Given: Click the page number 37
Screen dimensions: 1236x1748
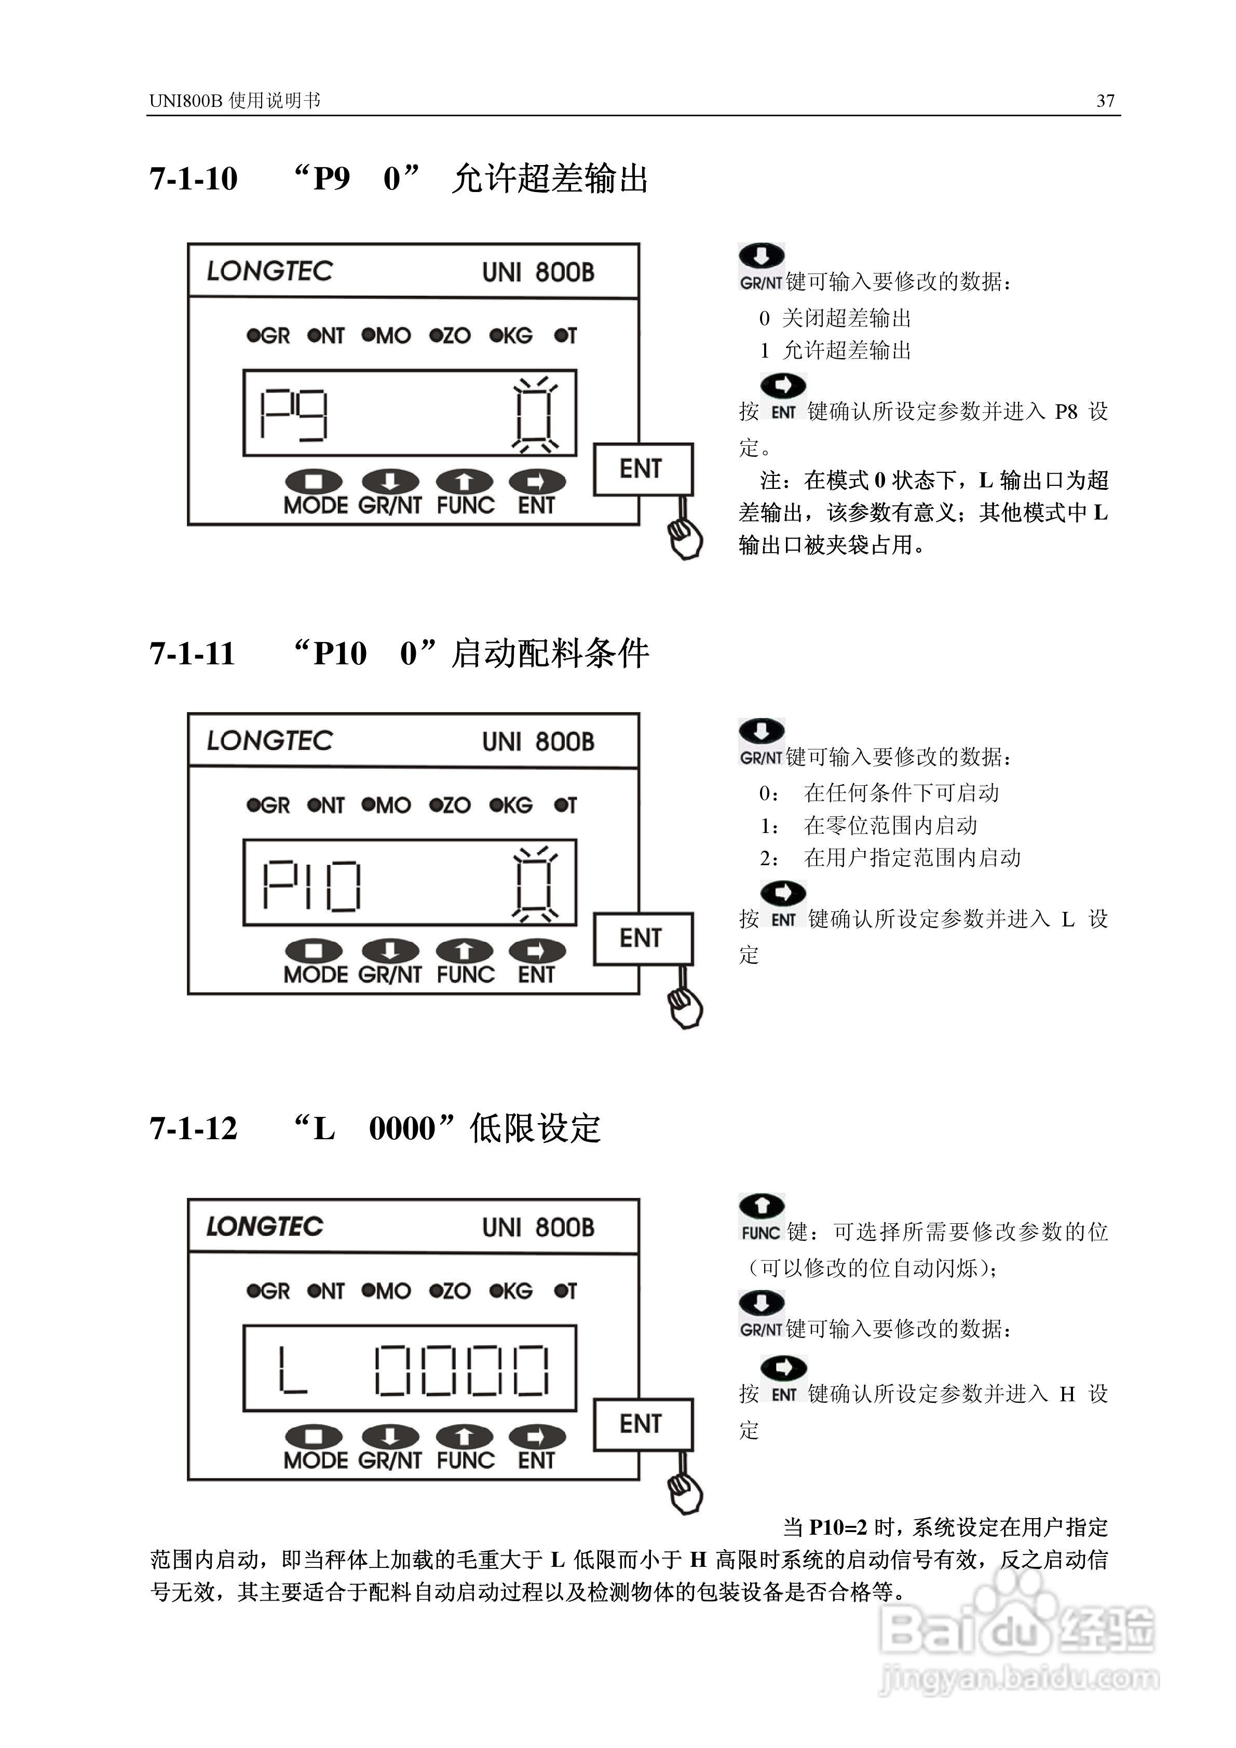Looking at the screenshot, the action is (1105, 101).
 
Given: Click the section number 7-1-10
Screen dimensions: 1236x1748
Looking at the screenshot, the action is (194, 179).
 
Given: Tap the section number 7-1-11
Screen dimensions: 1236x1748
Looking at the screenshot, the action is (193, 654).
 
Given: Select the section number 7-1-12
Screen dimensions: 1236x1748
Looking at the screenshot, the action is (194, 1128).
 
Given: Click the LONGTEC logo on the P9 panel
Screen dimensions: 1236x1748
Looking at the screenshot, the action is (269, 270).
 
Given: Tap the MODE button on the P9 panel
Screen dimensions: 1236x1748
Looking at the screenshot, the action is (315, 493).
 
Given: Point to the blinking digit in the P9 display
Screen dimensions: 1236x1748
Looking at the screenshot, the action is (535, 414).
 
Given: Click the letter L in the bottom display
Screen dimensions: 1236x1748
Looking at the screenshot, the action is (292, 1370).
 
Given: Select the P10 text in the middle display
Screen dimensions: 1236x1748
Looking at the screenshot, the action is (311, 885).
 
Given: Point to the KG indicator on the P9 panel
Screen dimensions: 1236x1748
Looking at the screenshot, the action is (511, 336).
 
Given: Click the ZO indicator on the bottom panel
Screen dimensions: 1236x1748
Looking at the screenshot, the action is (450, 1291).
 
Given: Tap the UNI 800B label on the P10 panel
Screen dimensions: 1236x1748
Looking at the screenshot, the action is (538, 742).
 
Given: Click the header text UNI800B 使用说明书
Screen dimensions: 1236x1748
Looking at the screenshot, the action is (235, 101).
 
